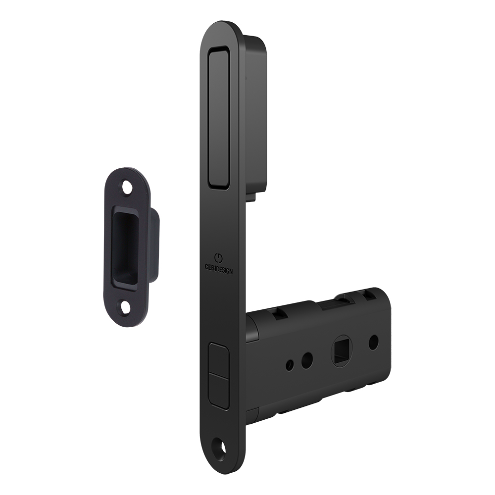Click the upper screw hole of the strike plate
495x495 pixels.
pyautogui.click(x=127, y=187)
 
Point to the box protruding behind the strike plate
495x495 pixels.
pyautogui.click(x=155, y=246)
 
